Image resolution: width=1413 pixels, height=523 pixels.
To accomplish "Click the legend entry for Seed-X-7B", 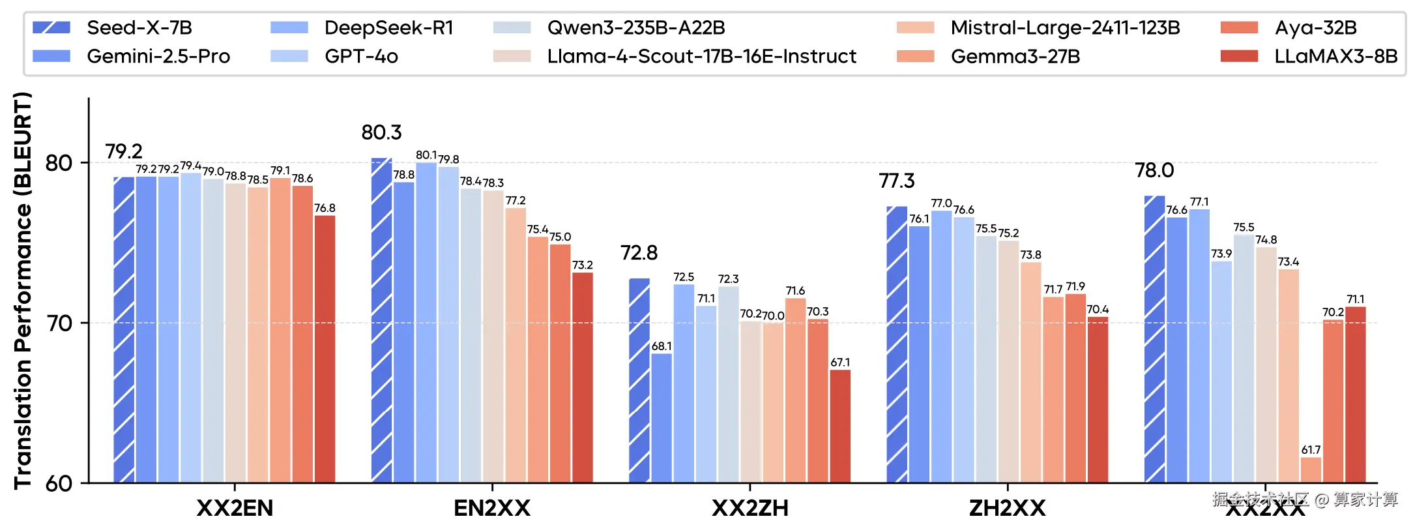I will point(139,28).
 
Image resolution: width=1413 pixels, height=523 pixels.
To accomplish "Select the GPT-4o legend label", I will point(361,57).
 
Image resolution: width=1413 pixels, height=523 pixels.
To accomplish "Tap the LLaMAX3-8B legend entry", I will point(1335,57).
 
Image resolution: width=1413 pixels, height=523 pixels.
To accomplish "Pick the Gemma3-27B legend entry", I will point(1015,57).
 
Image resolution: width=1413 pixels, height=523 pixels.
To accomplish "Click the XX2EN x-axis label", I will point(235,507).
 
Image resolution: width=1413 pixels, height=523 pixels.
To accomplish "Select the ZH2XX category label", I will point(1007,507).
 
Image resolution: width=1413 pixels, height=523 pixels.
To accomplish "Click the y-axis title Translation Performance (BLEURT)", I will point(23,290).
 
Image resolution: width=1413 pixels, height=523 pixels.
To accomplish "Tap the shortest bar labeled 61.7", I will point(1311,470).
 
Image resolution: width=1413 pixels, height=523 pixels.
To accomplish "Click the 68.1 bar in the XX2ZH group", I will point(662,417).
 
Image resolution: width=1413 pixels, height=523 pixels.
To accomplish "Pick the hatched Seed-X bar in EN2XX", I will point(381,320).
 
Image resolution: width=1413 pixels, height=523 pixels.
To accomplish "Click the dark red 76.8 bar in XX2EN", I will point(325,349).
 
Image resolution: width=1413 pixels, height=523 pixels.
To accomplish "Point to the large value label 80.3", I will point(381,132).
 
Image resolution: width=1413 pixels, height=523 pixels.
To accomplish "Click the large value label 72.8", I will point(639,253).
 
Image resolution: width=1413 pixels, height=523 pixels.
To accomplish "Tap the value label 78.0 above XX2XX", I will point(1154,170).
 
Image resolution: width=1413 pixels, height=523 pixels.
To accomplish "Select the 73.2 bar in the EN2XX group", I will point(583,378).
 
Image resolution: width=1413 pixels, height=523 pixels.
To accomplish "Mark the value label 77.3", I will point(897,181).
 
